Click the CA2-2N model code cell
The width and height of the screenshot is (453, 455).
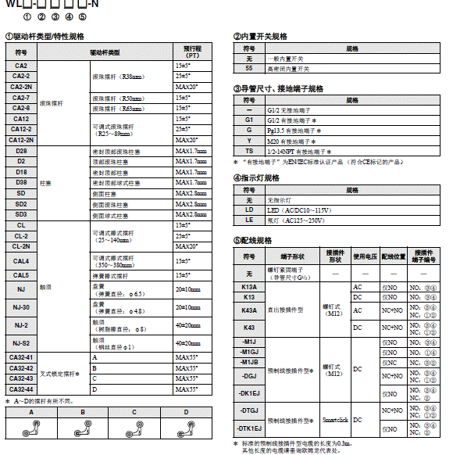point(21,86)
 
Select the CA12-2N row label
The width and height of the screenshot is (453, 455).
point(21,139)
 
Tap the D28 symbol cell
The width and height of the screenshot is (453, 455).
point(21,150)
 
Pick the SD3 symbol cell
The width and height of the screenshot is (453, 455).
point(21,214)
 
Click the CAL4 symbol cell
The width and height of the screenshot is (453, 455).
point(21,260)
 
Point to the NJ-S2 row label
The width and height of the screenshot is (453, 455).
point(21,342)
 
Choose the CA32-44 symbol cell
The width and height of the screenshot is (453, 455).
point(21,389)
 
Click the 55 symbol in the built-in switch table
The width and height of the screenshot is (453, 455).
point(249,69)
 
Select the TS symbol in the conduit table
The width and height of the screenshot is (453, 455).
point(249,151)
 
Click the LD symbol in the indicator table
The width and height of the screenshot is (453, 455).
point(249,210)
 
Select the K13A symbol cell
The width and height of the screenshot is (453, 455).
point(249,287)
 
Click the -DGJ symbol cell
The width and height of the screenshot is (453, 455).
point(249,376)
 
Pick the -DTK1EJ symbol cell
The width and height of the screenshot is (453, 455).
point(249,428)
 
